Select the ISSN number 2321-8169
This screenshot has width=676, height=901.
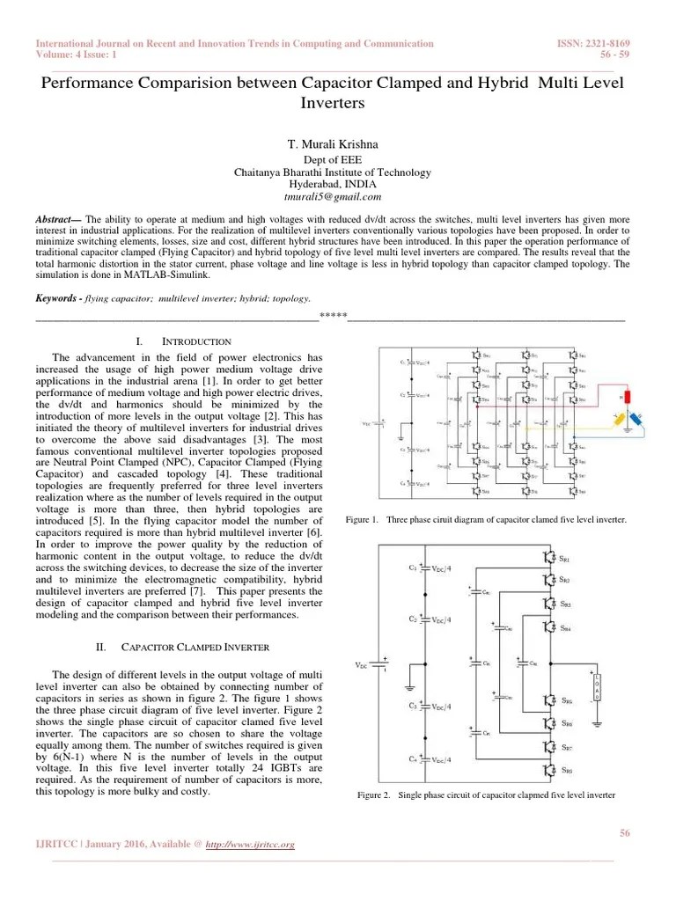612,44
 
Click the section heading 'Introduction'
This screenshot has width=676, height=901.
197,341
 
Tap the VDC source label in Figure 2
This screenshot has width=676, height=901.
362,665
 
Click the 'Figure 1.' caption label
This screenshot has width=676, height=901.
362,520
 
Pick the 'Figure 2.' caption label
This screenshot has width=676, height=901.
373,795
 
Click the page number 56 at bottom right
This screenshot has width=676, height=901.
626,833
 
